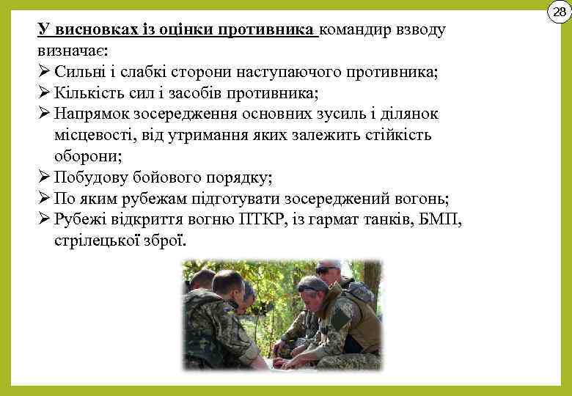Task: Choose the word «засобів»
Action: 205,93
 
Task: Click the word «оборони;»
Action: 87,156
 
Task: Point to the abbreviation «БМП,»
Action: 443,220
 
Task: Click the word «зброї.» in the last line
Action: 166,241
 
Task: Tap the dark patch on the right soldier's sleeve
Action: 342,318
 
